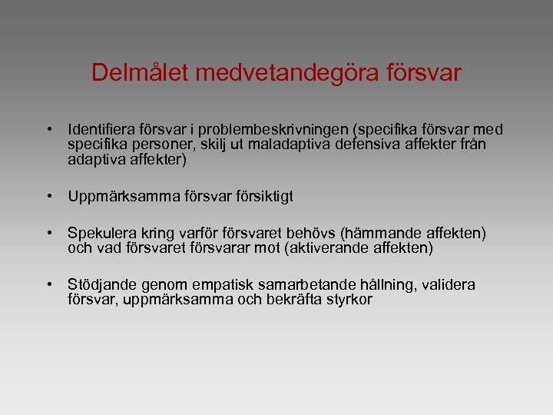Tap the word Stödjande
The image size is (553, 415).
(100, 285)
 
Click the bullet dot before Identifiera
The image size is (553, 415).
(48, 130)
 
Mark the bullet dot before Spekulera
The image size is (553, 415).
(48, 233)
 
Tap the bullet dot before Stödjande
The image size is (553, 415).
(48, 285)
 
